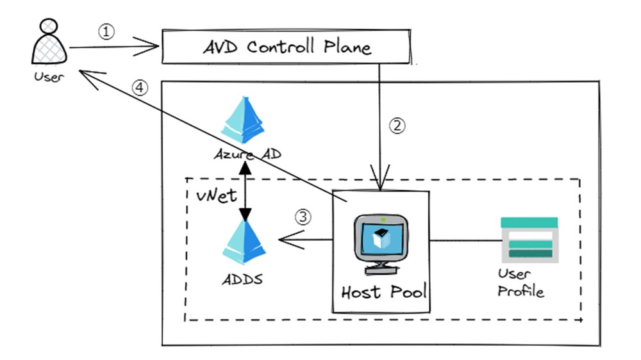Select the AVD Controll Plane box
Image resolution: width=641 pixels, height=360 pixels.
[286, 47]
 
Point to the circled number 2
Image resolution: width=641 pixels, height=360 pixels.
[398, 126]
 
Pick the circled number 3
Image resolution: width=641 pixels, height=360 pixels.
[303, 217]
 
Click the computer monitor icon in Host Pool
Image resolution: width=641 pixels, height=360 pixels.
[383, 242]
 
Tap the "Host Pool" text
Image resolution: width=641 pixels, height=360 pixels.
[383, 292]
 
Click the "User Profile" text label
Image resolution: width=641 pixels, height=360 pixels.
[520, 282]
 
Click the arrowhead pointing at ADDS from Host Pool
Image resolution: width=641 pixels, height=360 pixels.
[286, 241]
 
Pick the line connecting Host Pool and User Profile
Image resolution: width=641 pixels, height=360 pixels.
[465, 241]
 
